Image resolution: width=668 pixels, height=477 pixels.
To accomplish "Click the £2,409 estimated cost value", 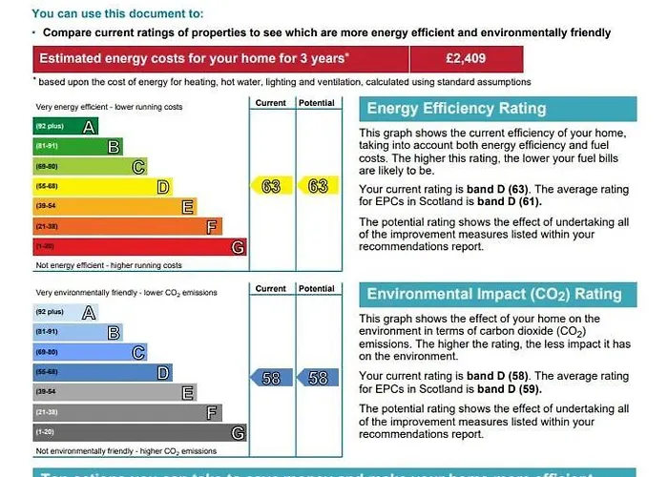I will (466, 58).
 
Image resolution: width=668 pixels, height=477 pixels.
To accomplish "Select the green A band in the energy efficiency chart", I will (66, 126).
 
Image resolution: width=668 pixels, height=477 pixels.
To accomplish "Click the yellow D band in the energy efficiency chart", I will (103, 186).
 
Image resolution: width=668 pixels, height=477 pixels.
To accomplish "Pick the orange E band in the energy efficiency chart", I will (115, 206).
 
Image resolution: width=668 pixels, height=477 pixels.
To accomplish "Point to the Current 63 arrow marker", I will (268, 186).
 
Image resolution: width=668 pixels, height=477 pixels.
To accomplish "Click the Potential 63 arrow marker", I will (316, 186).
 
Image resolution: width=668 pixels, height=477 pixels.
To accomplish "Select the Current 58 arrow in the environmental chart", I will (268, 378).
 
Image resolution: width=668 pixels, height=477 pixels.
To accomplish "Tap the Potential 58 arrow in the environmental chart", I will (316, 378).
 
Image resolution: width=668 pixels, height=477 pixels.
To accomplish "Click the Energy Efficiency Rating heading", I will (456, 108).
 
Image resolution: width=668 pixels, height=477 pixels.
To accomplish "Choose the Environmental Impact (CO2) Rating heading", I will (493, 295).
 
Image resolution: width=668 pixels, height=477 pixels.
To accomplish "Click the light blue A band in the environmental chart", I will (66, 312).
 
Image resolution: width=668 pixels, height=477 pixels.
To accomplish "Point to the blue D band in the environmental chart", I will (103, 372).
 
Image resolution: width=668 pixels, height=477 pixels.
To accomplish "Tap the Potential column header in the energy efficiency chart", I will (316, 102).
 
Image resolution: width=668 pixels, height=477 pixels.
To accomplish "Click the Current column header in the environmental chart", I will (270, 288).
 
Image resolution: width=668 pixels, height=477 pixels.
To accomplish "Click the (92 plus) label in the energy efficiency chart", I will (49, 127).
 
